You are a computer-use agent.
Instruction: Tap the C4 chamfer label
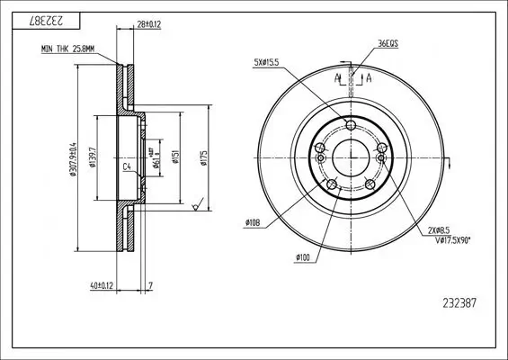pos(127,167)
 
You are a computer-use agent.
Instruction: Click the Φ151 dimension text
pos(182,158)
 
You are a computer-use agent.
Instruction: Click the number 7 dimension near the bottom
pos(150,286)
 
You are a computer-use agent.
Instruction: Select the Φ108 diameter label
pos(253,222)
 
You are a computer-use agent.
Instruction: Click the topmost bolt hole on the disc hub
pos(351,126)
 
